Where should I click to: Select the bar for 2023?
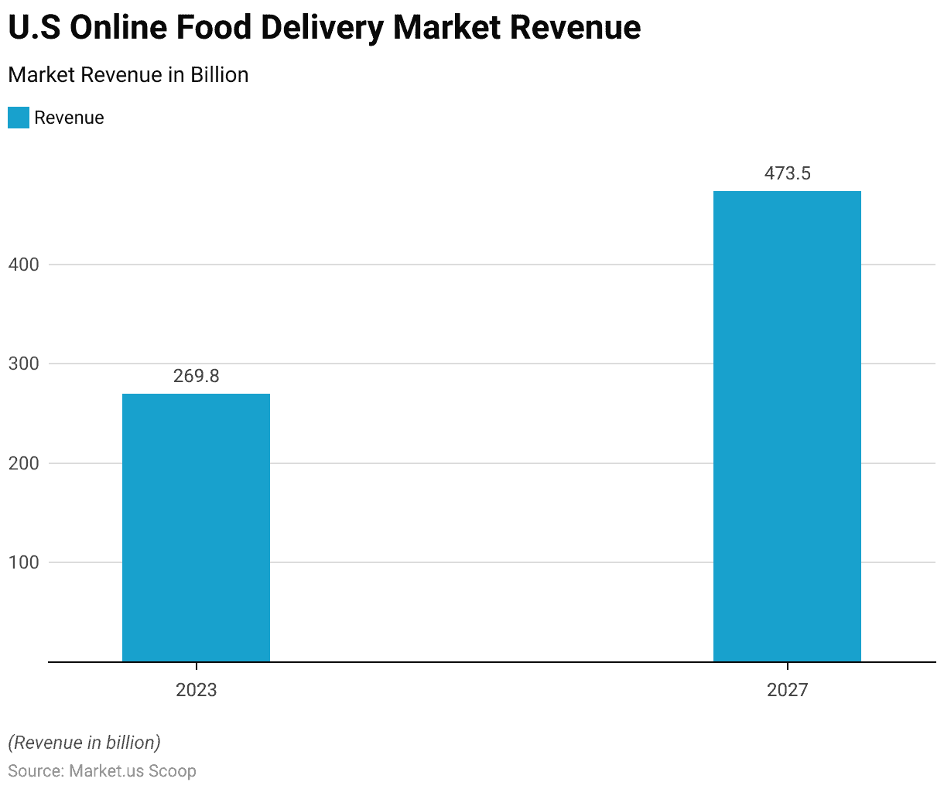coord(196,528)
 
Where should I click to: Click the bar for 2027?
coord(787,426)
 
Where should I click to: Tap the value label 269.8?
coord(196,376)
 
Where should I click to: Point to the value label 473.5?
coord(787,173)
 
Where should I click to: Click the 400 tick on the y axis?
coord(23,265)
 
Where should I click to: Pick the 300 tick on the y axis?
coord(23,364)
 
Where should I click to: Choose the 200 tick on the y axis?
coord(23,463)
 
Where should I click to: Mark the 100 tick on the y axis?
coord(23,562)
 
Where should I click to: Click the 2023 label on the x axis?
coord(196,690)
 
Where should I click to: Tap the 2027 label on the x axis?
coord(787,690)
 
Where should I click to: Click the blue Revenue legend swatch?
coord(19,118)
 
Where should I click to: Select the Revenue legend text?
coord(69,118)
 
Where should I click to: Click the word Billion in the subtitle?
coord(220,75)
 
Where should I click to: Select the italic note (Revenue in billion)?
coord(84,743)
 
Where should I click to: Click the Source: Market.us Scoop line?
coord(102,771)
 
